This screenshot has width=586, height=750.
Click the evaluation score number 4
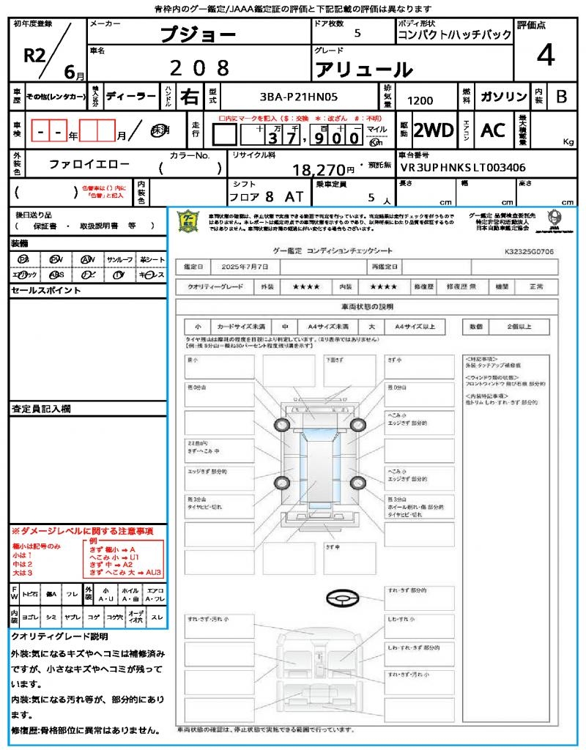click(545, 55)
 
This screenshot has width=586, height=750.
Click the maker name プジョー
click(197, 34)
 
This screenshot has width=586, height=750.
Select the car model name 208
click(199, 68)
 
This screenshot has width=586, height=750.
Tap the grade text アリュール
click(363, 70)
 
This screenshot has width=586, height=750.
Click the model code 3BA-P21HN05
click(299, 96)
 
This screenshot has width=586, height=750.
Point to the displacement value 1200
click(420, 100)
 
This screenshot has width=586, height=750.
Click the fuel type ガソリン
click(503, 97)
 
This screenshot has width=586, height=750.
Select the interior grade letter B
click(561, 96)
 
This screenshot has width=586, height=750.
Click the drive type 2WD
click(434, 130)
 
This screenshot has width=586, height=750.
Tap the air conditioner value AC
click(493, 130)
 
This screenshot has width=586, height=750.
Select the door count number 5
click(357, 33)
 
